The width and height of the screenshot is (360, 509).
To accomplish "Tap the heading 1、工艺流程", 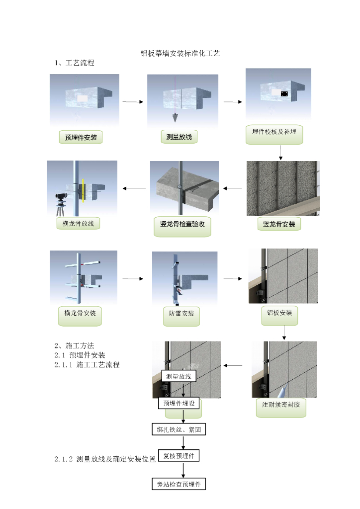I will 74,63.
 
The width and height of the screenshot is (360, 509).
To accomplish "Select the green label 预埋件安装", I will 81,137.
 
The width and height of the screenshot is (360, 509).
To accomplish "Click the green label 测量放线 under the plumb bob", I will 179,136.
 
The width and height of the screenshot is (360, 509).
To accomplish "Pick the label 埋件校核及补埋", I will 274,132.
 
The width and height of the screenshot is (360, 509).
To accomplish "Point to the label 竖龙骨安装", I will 279,224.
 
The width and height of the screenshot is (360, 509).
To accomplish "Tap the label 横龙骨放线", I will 79,224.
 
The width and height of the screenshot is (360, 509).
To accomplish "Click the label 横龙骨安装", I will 80,314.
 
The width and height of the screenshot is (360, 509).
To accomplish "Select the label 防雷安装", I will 181,314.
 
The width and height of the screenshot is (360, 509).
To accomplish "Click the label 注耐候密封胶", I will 281,405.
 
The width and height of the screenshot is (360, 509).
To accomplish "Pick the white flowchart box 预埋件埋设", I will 180,403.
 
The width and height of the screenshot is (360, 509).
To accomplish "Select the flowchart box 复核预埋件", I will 179,455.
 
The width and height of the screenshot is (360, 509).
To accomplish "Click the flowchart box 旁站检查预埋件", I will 179,484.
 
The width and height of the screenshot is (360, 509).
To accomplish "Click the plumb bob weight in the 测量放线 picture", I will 175,118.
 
